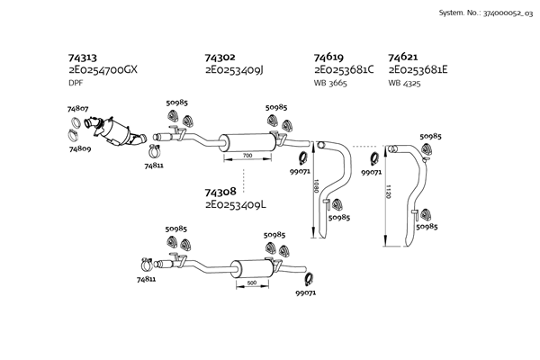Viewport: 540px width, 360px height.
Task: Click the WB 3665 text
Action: click(x=330, y=84)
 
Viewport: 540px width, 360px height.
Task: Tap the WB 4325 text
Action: click(x=405, y=84)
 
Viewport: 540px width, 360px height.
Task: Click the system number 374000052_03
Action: click(x=506, y=14)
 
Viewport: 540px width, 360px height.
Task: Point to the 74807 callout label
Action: click(x=78, y=109)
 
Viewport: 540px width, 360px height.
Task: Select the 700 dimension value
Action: click(x=247, y=156)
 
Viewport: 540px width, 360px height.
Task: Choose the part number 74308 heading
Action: click(x=220, y=193)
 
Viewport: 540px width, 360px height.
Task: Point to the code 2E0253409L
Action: click(x=236, y=206)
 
